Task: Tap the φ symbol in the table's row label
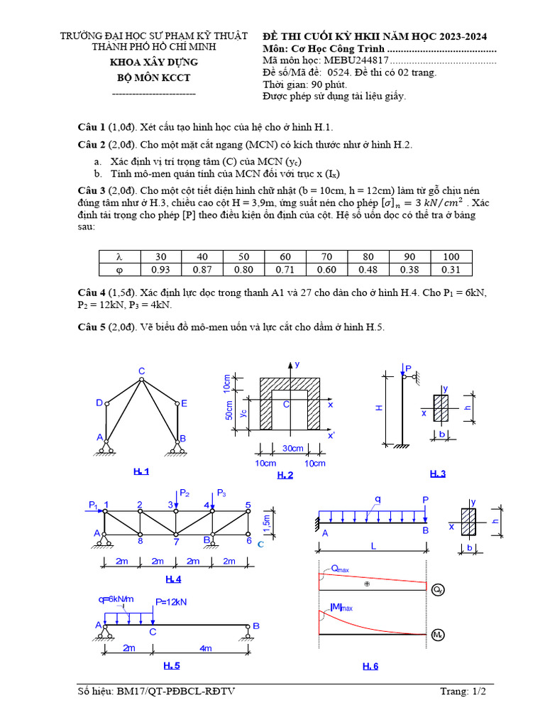pos(119,269)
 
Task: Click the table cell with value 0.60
pos(327,269)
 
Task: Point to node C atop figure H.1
pos(141,371)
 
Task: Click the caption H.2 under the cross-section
pos(285,475)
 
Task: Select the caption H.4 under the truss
pos(173,579)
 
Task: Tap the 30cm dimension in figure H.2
pos(293,448)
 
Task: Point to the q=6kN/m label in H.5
pos(117,598)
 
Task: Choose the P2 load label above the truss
pos(185,493)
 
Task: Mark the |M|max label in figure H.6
pos(341,608)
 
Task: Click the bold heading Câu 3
pos(92,190)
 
